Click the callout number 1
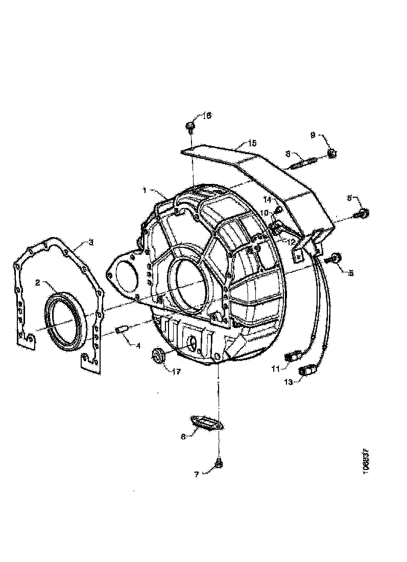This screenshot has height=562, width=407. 146,190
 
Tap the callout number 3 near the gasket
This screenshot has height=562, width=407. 90,242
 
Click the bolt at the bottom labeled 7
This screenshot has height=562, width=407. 219,464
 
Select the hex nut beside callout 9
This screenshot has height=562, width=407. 330,152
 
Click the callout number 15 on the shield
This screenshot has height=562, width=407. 252,143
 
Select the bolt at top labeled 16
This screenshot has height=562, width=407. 190,125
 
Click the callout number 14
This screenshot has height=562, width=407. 267,199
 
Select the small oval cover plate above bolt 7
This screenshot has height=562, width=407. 207,423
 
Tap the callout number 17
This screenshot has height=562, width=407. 177,371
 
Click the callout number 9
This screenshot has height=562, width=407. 313,135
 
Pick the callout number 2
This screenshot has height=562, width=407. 38,282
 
